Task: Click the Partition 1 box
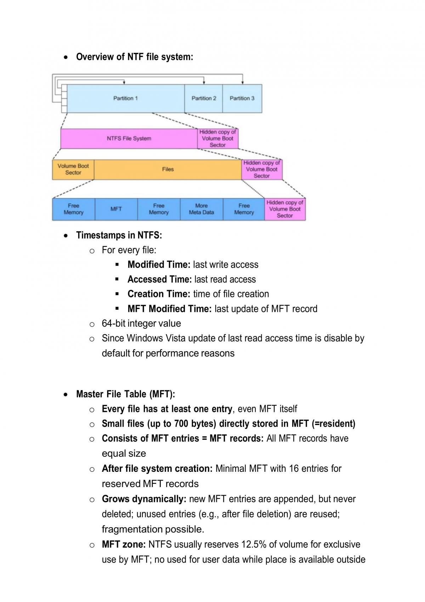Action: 126,98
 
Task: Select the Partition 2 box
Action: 204,98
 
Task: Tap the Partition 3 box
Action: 242,98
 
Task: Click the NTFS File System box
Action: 129,138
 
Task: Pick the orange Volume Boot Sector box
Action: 73,169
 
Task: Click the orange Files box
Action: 168,169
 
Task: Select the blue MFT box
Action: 116,209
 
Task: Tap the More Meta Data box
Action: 202,209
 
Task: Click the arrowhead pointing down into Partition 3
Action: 243,83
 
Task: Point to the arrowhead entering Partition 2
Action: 204,83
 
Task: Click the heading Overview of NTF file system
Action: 135,57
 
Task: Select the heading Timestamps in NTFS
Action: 119,235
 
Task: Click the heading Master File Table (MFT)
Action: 126,394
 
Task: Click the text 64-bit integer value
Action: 141,323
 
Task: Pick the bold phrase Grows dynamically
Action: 144,499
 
